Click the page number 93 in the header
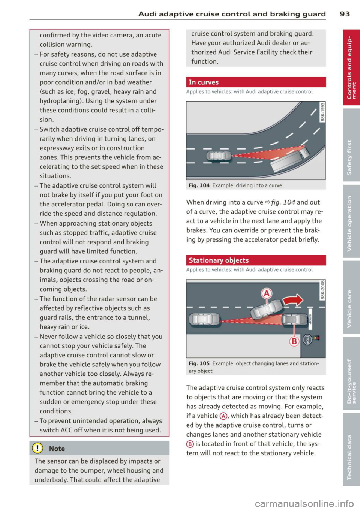click(345, 14)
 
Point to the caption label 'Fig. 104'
click(199, 185)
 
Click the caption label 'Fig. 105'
click(199, 363)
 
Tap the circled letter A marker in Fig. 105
click(267, 293)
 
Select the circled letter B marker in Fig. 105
click(294, 341)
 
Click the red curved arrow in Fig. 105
click(293, 300)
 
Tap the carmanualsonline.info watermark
click(304, 503)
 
